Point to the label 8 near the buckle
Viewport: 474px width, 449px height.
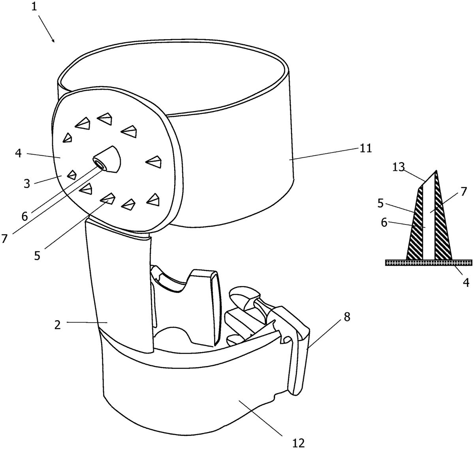[x=346, y=317]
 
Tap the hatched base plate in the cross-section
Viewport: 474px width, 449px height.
[x=429, y=262]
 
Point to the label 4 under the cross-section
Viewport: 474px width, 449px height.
[x=466, y=282]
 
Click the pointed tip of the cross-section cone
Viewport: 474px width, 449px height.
[x=436, y=171]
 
